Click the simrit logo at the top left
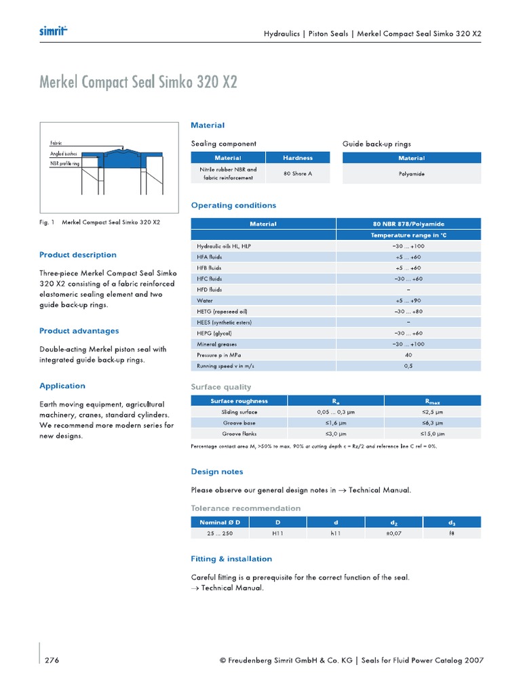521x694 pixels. tap(53, 31)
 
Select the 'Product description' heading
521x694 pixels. tap(78, 255)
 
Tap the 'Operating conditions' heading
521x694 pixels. tap(233, 205)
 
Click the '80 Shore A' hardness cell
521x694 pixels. tap(297, 173)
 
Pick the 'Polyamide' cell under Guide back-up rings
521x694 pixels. tap(412, 173)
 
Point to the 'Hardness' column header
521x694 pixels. tap(297, 158)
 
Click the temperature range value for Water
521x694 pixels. tap(408, 300)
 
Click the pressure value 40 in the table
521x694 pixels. tap(408, 354)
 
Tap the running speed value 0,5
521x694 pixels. tap(408, 365)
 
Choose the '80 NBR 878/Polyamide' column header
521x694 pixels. tap(408, 224)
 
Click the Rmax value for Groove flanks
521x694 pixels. tap(432, 433)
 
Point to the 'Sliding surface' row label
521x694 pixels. tap(239, 411)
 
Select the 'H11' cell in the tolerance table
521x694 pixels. tap(277, 533)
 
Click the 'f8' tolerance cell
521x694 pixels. tap(452, 533)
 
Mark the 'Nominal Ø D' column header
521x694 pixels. tap(220, 522)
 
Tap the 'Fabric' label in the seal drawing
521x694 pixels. tap(56, 144)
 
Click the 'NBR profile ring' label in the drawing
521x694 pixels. tap(64, 163)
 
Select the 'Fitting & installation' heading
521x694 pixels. tap(231, 559)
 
